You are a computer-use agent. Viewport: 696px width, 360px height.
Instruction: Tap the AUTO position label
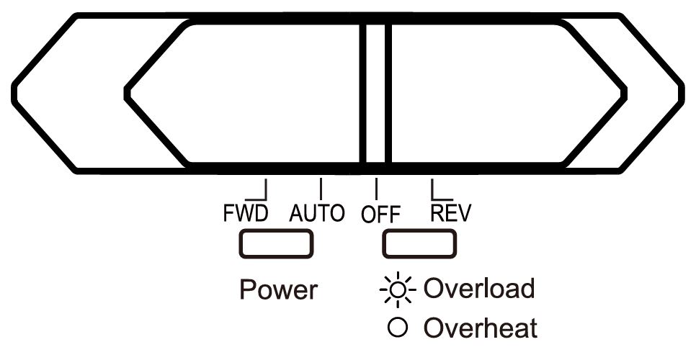[x=317, y=214]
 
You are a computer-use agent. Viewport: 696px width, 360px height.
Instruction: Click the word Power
[x=278, y=289]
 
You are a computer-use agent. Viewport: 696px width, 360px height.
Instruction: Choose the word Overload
[x=479, y=289]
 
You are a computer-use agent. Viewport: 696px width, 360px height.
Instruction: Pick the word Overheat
[x=481, y=328]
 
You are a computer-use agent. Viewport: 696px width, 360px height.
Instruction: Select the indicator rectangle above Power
[x=276, y=243]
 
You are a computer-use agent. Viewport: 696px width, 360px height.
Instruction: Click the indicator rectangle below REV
[x=419, y=243]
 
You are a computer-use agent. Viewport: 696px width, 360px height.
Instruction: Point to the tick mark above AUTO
[x=321, y=188]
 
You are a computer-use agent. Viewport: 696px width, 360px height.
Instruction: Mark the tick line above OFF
[x=375, y=188]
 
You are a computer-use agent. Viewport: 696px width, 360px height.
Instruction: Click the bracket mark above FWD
[x=260, y=191]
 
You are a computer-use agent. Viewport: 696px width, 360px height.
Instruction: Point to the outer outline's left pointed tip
[x=14, y=93]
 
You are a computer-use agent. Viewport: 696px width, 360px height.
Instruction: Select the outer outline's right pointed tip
[x=682, y=93]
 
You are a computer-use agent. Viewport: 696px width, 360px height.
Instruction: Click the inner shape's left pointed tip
[x=128, y=93]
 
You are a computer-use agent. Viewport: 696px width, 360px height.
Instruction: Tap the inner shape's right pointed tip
[x=625, y=93]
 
